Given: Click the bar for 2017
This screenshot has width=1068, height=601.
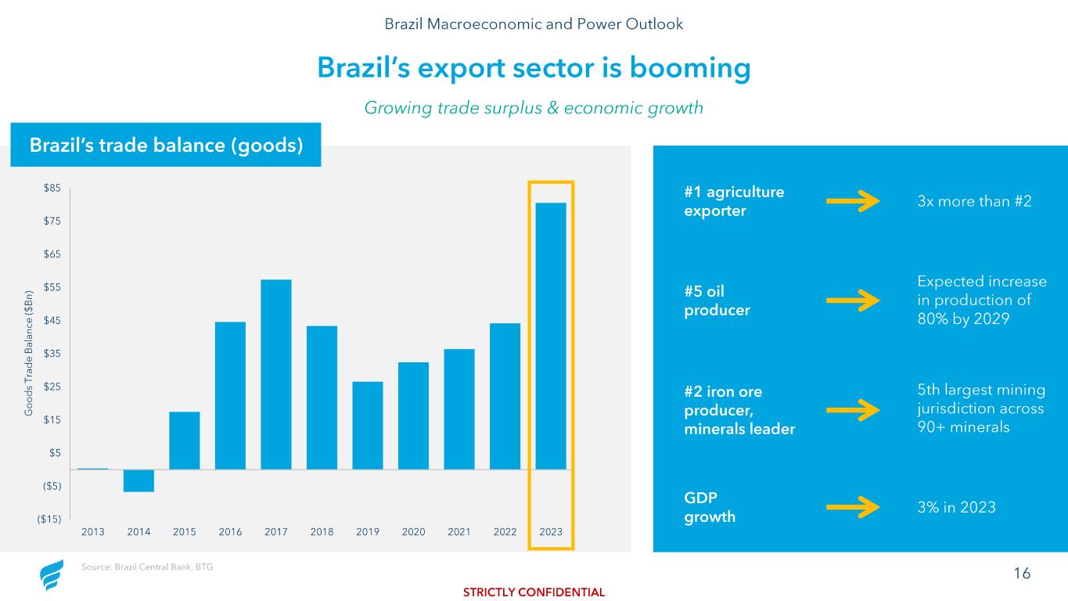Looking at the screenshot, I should [276, 374].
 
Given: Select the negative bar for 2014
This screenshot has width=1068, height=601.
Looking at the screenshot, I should [138, 480].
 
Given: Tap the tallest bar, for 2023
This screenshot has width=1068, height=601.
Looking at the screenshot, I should [551, 336].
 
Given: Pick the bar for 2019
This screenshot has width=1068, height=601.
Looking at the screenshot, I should [368, 425].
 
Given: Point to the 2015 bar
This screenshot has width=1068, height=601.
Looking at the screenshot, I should [185, 440].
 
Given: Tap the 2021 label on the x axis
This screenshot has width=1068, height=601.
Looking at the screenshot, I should [459, 532].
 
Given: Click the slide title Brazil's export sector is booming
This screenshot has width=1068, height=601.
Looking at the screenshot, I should [534, 69].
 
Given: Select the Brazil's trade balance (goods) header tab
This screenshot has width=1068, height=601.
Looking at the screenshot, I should [166, 145].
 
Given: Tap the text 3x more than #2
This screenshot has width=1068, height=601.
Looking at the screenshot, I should [973, 202].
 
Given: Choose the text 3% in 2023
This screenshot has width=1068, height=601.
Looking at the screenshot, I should [956, 507].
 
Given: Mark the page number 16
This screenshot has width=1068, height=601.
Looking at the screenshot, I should [1022, 574].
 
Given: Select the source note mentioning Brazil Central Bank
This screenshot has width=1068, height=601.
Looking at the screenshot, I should [146, 567].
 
